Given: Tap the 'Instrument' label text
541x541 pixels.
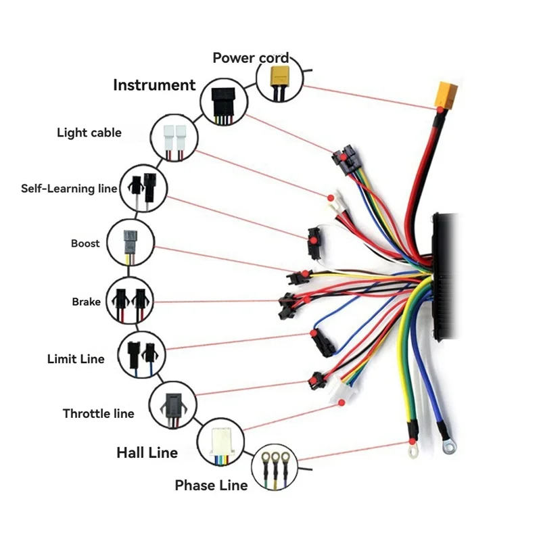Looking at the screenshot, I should (x=154, y=85).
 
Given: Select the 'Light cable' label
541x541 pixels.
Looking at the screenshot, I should (x=89, y=133).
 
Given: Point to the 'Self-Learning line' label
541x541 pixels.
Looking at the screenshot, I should (x=69, y=188).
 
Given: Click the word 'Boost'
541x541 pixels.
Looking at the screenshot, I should (x=85, y=243).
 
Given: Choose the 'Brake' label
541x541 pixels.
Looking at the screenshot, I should (x=86, y=302).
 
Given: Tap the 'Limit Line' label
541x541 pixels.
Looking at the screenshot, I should (x=76, y=358).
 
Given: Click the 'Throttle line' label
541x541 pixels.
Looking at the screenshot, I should (x=98, y=413).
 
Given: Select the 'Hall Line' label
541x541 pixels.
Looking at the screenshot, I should (x=147, y=452).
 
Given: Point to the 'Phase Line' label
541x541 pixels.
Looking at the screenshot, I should (x=211, y=486).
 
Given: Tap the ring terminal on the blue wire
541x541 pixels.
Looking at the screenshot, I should (x=447, y=446).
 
